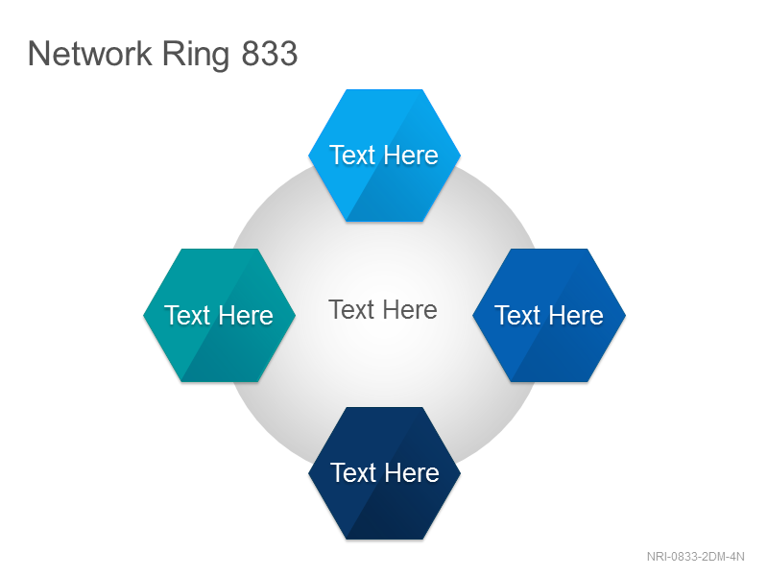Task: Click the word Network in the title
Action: point(90,54)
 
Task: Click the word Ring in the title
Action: point(196,55)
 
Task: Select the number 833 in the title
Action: point(270,54)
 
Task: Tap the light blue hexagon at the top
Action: point(385,156)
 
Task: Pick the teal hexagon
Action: point(220,315)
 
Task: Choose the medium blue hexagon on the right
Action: point(549,315)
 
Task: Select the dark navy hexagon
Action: point(385,473)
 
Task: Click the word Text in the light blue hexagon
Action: point(352,156)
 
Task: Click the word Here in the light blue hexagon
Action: point(411,156)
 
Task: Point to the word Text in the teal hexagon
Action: point(187,315)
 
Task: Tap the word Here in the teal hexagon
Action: point(246,315)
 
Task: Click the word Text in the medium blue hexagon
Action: point(517,315)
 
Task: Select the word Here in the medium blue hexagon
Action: point(576,315)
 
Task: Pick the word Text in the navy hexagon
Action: point(353,472)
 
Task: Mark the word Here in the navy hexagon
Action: point(412,472)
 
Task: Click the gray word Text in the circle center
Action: point(351,309)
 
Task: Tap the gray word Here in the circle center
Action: point(410,309)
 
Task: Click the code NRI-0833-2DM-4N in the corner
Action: point(695,557)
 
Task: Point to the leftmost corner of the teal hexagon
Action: point(143,315)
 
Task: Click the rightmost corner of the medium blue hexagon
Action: point(626,315)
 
